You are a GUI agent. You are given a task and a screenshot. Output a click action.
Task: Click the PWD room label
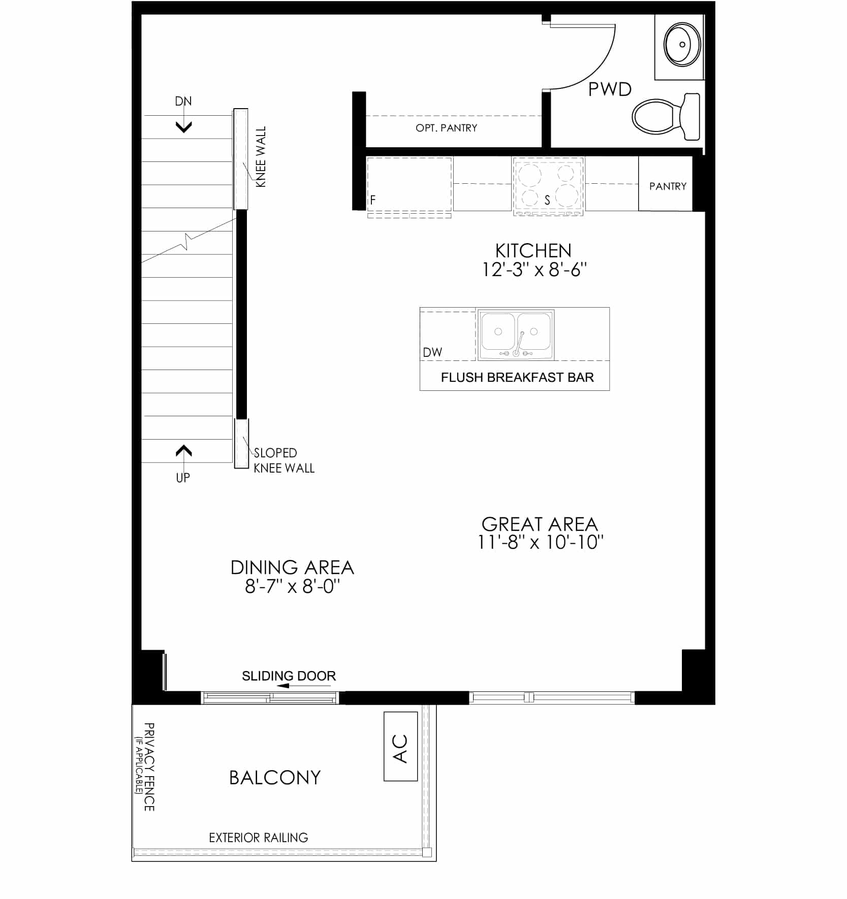(610, 89)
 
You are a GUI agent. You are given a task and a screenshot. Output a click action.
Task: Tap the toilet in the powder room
(666, 116)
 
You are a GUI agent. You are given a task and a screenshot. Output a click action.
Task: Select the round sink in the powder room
(682, 44)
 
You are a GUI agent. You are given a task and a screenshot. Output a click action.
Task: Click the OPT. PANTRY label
(446, 128)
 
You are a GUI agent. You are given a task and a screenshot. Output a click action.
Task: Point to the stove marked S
(548, 186)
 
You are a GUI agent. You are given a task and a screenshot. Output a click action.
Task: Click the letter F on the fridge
(373, 200)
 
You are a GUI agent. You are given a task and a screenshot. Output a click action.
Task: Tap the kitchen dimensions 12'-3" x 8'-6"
(534, 270)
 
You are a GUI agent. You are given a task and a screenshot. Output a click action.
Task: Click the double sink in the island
(516, 334)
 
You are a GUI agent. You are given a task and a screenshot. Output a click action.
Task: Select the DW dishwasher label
(432, 352)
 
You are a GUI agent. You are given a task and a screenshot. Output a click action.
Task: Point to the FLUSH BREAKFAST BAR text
(517, 377)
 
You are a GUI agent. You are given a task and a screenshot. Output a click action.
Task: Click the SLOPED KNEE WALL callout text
(284, 460)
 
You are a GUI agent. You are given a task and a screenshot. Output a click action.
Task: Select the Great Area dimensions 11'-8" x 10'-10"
(540, 543)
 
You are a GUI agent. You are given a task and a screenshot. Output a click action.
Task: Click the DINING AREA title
(292, 568)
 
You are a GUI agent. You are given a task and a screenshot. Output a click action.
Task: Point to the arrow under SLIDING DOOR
(303, 686)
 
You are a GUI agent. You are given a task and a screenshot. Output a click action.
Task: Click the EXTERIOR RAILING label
(259, 838)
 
